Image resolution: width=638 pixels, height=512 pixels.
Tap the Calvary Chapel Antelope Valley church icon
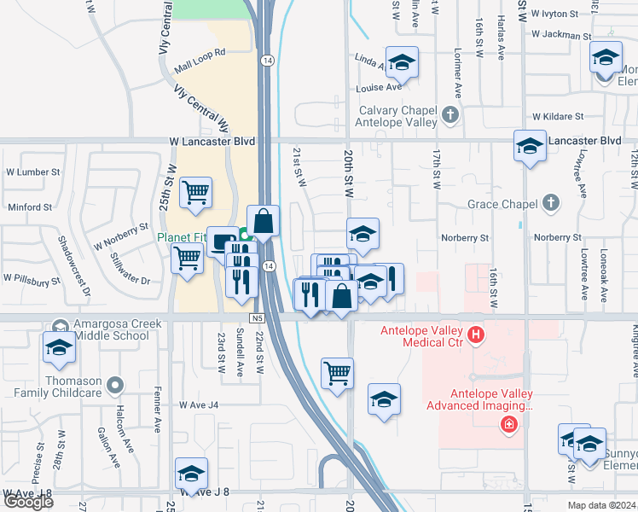(x=451, y=113)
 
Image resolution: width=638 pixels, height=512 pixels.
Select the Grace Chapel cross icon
(x=551, y=203)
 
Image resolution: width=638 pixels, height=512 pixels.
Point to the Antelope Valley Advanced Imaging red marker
(x=509, y=423)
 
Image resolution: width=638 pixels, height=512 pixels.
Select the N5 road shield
(x=257, y=318)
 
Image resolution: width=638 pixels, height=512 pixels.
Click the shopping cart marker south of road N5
(x=338, y=372)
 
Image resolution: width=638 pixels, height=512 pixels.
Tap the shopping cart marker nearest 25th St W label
(x=196, y=192)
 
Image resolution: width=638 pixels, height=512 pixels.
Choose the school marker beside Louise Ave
(x=402, y=62)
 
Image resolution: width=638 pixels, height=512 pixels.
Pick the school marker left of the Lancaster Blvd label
(x=530, y=145)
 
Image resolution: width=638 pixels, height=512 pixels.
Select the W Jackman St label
(x=560, y=36)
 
